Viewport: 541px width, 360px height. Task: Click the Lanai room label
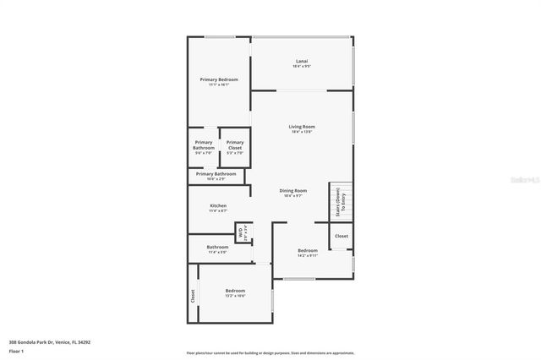pos(302,61)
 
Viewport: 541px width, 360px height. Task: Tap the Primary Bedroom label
pos(219,79)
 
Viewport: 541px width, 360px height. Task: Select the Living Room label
pos(302,127)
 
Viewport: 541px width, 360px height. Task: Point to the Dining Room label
pos(293,191)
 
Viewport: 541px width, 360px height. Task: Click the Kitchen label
pos(218,205)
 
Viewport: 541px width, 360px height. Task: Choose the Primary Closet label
pos(235,145)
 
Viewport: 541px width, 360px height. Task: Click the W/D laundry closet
pos(240,232)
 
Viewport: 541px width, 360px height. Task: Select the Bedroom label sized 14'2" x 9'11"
pos(308,250)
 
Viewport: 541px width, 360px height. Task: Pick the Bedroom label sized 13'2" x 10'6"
pos(235,291)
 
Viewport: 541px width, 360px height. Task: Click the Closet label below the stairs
pos(342,237)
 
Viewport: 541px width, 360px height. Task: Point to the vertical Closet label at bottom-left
pos(193,297)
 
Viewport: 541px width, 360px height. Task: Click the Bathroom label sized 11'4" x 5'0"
pos(218,247)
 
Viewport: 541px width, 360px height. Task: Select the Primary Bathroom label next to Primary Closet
pos(204,145)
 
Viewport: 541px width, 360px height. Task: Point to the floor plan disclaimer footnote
pos(270,352)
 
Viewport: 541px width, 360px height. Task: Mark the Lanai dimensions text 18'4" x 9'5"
pos(302,66)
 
